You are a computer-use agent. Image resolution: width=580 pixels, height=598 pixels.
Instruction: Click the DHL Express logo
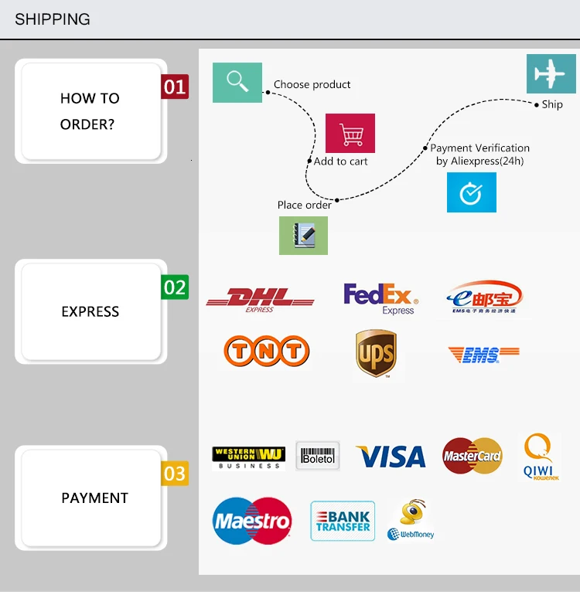click(260, 299)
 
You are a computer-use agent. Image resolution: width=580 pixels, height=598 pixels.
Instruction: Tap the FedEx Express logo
click(380, 298)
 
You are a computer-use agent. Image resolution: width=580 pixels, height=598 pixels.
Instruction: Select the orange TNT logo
click(266, 352)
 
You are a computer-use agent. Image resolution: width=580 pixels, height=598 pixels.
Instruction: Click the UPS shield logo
click(376, 354)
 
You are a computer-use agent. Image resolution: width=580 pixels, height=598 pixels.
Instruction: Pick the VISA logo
click(391, 457)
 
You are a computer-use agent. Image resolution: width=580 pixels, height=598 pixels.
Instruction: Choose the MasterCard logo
click(473, 456)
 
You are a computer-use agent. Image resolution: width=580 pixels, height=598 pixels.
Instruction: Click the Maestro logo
click(252, 521)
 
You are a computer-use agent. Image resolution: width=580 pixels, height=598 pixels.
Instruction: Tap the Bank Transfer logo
click(343, 522)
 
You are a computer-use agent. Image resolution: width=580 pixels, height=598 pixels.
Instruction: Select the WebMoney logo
click(412, 520)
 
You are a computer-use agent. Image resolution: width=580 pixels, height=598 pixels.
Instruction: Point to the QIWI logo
click(537, 457)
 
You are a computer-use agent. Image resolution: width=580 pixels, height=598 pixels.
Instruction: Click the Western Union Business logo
click(248, 457)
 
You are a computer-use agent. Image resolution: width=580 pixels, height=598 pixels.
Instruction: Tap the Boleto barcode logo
click(318, 456)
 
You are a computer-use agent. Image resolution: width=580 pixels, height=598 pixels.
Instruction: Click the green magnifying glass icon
click(237, 82)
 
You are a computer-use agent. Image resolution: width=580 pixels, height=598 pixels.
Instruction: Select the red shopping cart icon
click(350, 134)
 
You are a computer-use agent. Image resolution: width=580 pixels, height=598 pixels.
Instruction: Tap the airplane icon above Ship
click(551, 74)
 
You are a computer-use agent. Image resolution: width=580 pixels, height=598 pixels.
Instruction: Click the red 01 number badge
click(175, 87)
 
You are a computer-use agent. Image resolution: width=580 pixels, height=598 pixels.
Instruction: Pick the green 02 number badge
click(175, 287)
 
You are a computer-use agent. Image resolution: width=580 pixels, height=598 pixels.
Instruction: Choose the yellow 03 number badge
click(175, 474)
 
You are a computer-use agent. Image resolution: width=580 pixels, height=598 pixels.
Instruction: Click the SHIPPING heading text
click(53, 19)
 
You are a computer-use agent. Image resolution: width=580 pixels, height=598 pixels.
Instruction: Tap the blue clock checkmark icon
click(472, 192)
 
